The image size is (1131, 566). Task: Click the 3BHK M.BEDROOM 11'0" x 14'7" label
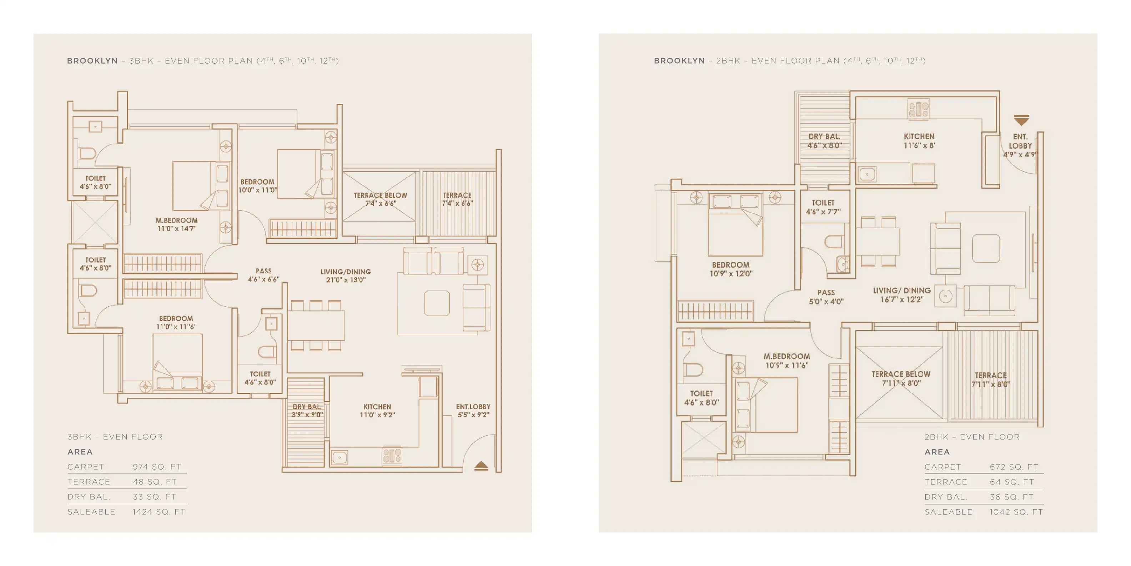click(176, 224)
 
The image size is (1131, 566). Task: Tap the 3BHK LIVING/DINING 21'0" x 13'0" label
click(346, 275)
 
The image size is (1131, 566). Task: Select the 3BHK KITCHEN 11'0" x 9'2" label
click(377, 411)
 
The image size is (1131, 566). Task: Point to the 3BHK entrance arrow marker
click(481, 466)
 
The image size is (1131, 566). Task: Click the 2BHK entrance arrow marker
click(1021, 120)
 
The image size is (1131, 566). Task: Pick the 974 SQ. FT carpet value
click(157, 467)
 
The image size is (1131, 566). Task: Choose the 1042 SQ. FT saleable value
click(1016, 512)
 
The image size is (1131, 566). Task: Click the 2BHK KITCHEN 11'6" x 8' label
click(919, 141)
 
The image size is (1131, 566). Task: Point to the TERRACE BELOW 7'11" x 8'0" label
click(900, 379)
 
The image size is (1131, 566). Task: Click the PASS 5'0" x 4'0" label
click(826, 297)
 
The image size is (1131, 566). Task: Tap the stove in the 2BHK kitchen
click(919, 109)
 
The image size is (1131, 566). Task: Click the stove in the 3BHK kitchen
click(392, 456)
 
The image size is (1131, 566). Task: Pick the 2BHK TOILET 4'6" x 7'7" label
click(823, 207)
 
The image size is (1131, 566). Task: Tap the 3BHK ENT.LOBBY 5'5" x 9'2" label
click(473, 411)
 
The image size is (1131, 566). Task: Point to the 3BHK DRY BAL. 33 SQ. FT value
click(155, 497)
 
